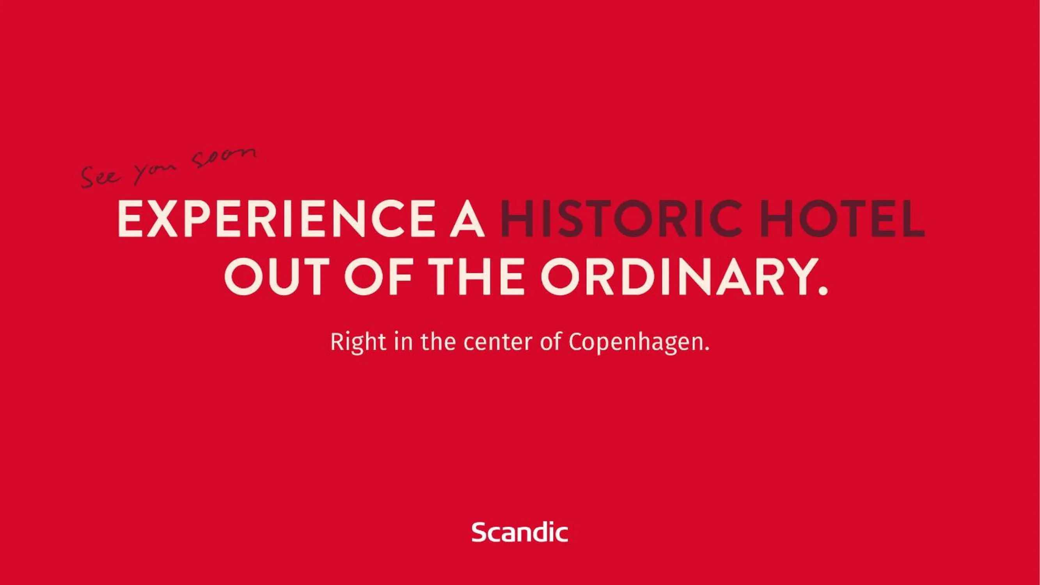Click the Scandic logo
[520, 532]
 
